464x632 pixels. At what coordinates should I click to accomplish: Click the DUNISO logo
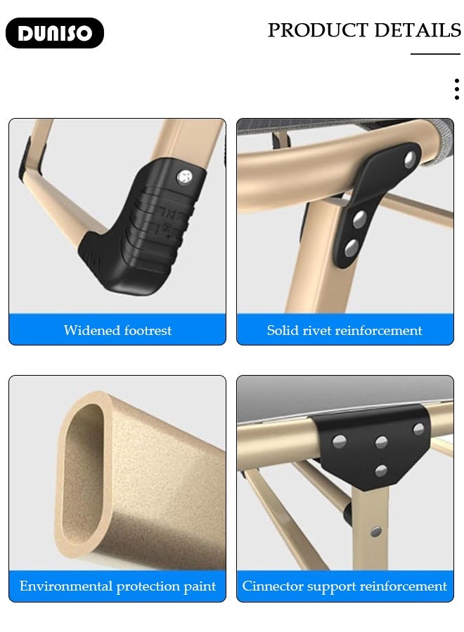point(54,33)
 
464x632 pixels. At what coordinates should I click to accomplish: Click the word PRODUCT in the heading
point(318,30)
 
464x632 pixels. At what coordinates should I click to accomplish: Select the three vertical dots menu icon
point(457,89)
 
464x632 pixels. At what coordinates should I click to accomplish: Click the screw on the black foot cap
point(185,176)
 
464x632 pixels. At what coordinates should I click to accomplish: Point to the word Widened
point(92,331)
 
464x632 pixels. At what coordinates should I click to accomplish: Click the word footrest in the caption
point(148,331)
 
